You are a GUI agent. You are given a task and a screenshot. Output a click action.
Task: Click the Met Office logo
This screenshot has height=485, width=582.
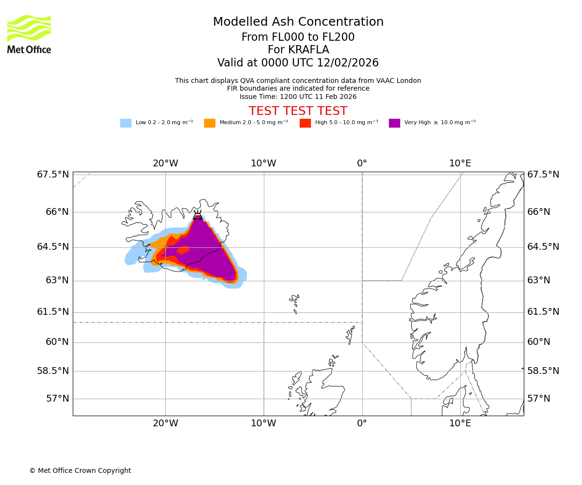[29, 34]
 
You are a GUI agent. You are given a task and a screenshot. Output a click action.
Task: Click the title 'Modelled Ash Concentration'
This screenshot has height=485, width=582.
[298, 22]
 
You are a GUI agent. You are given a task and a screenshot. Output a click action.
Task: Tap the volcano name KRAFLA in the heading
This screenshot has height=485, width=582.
[298, 50]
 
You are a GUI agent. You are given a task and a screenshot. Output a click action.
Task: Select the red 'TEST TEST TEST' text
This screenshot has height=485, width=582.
[298, 112]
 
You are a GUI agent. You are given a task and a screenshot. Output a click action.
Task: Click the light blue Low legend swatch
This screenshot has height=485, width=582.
[126, 123]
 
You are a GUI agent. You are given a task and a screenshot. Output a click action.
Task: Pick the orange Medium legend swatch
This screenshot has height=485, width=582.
[210, 123]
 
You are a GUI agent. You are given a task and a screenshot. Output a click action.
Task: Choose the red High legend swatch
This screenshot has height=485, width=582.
[305, 123]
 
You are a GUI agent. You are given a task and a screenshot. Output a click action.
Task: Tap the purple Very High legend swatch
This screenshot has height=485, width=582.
[394, 123]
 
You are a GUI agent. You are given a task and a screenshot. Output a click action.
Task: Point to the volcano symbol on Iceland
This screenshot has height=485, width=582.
[197, 215]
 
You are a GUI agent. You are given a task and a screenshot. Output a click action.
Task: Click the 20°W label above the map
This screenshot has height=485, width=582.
[165, 163]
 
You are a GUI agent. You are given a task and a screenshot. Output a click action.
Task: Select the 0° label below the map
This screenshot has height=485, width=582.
[362, 423]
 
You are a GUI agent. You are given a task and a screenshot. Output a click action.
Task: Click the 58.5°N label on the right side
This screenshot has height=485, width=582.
[543, 371]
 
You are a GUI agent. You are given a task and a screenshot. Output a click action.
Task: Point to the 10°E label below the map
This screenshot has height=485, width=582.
[460, 423]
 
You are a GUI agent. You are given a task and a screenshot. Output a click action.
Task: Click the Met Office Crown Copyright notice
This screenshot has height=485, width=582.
[80, 471]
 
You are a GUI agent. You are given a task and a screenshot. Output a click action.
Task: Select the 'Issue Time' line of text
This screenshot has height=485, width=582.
[298, 97]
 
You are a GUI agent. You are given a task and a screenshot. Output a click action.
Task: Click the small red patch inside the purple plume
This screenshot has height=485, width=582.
[183, 250]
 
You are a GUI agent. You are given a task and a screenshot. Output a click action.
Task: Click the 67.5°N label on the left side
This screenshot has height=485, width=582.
[53, 175]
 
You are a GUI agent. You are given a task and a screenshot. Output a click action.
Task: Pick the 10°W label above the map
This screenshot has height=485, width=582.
[263, 163]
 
